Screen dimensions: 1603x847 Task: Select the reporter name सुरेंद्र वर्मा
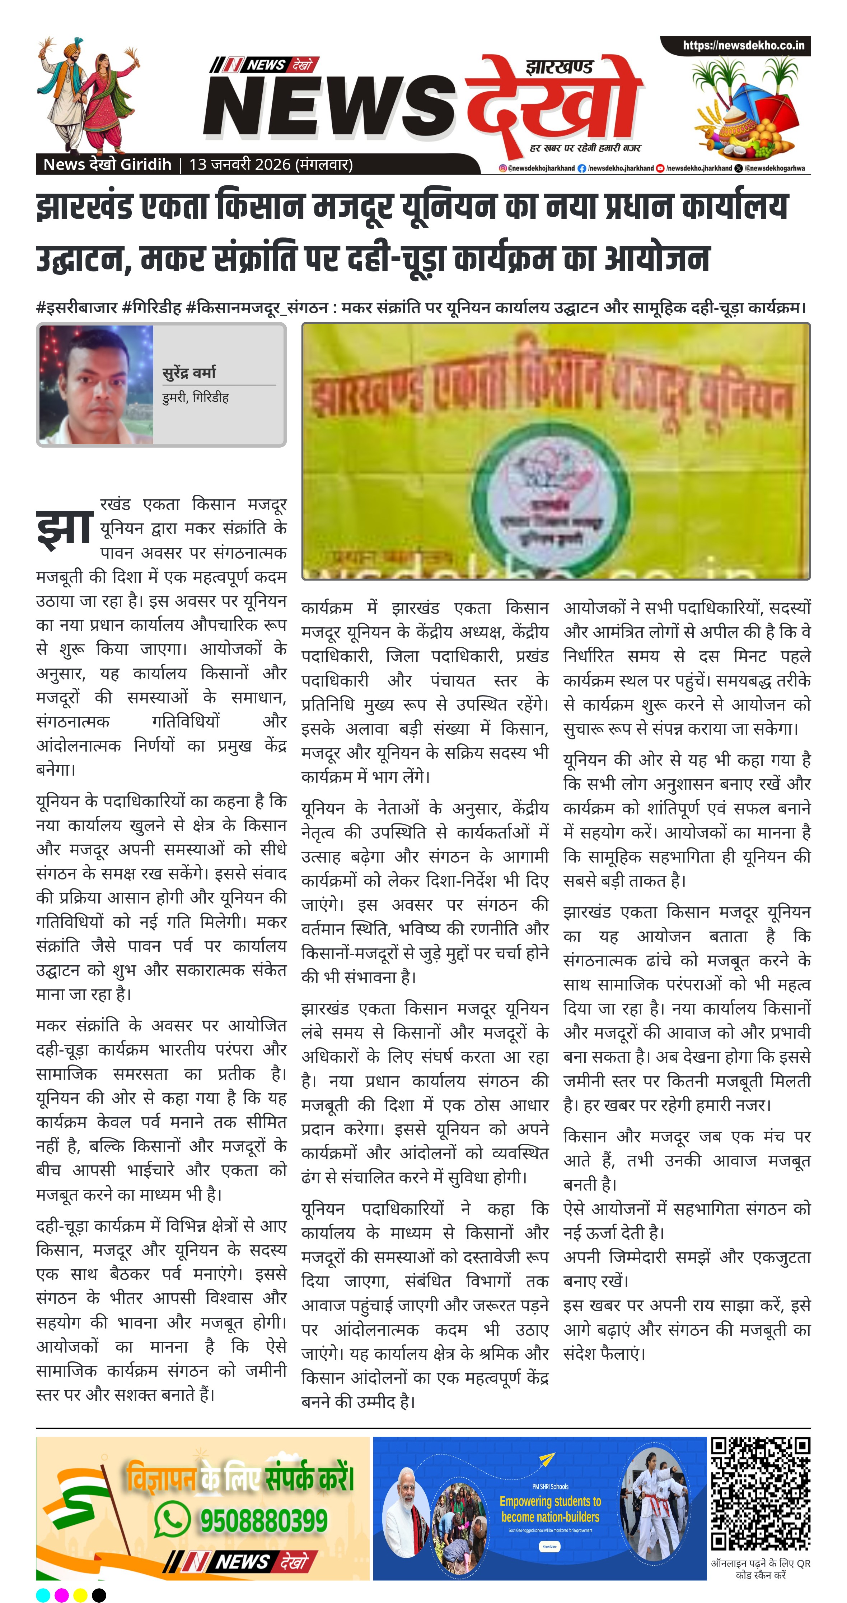click(189, 373)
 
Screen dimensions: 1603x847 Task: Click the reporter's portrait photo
click(97, 384)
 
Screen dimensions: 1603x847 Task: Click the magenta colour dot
click(62, 1595)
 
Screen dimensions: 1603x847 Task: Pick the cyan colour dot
click(43, 1595)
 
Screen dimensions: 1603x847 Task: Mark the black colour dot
click(99, 1595)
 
